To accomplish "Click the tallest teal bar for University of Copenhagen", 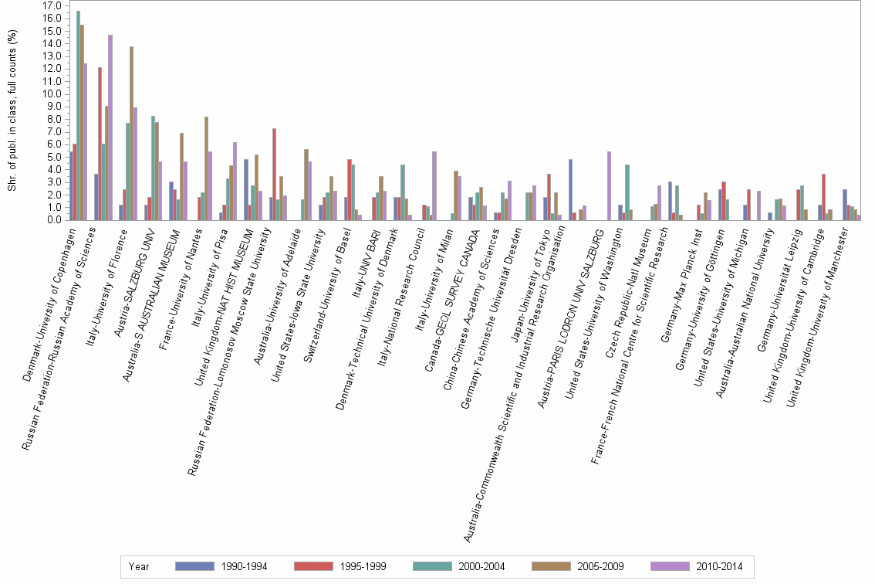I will click(78, 116).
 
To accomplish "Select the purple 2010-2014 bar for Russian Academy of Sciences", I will click(110, 127).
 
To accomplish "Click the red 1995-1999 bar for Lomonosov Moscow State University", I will click(274, 174).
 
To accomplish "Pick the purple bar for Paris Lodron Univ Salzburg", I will click(609, 185).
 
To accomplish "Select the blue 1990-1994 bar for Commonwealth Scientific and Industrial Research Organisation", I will click(570, 189).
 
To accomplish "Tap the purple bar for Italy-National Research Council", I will click(434, 185).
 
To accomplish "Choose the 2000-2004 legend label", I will click(479, 566).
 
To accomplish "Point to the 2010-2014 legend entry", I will click(718, 566).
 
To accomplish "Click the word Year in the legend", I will click(140, 566).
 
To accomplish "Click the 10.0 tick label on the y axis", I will click(52, 93).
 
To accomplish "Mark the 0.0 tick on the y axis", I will click(55, 219).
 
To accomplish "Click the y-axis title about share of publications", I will click(11, 112).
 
